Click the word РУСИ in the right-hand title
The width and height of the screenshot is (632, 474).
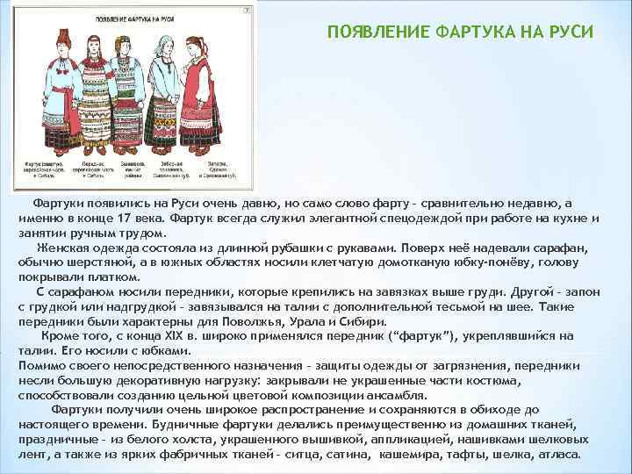click(x=571, y=32)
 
